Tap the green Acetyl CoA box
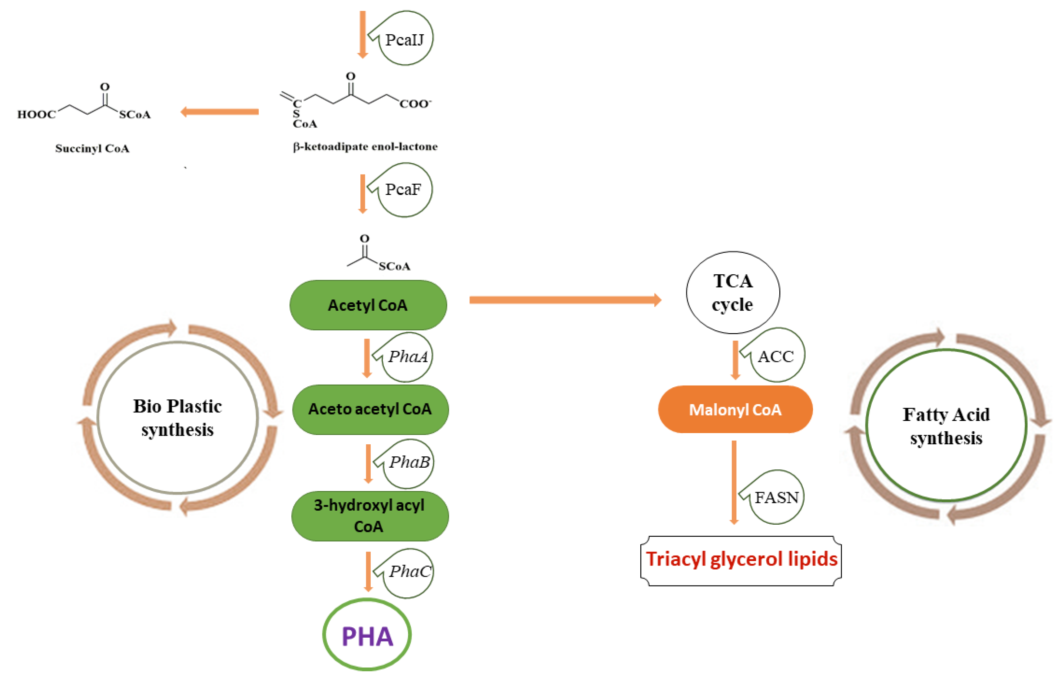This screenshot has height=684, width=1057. [368, 305]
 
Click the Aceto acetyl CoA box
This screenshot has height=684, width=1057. [370, 409]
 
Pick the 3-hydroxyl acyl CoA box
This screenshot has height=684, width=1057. [369, 516]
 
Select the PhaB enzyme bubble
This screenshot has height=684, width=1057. [408, 463]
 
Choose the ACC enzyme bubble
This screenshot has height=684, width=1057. [776, 356]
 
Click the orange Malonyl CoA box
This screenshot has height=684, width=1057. [735, 410]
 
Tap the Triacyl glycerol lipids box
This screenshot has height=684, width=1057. [741, 559]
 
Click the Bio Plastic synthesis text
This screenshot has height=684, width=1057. [177, 418]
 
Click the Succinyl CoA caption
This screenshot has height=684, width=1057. [92, 148]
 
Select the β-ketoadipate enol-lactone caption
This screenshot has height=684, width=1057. [365, 147]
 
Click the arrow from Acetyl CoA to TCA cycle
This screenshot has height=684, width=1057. [564, 300]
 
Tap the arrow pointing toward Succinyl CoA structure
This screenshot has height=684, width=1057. [220, 112]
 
